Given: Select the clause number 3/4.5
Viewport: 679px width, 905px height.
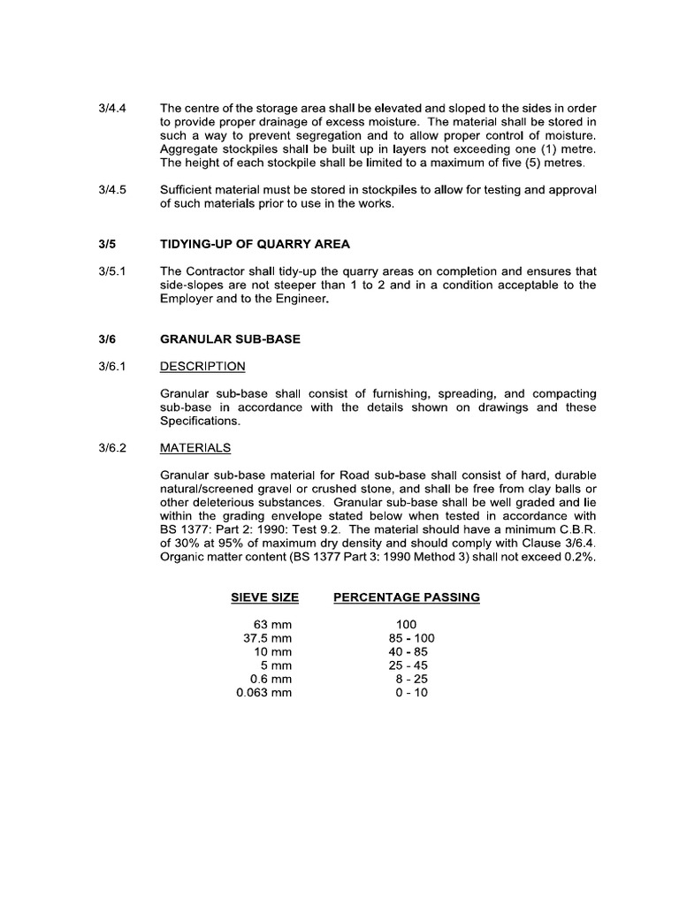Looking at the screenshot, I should [113, 190].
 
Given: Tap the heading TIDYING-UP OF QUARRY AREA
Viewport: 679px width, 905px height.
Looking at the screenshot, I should [244, 244].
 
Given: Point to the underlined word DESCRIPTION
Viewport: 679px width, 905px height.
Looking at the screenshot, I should [202, 367].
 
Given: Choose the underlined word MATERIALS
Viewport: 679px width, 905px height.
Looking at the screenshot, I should [195, 447].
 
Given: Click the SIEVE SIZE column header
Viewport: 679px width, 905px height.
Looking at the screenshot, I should [264, 597].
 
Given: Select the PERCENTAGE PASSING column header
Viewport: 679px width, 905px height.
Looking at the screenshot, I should [407, 597].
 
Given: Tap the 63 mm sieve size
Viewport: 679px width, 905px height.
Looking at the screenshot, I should [272, 624].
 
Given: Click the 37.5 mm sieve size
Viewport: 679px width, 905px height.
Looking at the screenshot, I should [267, 638].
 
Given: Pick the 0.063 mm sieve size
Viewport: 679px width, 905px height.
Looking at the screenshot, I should [263, 693].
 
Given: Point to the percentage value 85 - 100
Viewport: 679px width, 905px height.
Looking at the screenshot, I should [407, 638].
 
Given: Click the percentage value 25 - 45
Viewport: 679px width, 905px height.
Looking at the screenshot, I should [407, 665].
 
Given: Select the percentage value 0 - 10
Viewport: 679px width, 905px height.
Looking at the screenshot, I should [407, 693].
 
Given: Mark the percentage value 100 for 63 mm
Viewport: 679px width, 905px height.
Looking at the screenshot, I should [407, 624].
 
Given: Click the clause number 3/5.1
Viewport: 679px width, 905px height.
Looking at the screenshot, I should [113, 271].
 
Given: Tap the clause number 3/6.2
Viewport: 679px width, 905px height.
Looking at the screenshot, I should [113, 447].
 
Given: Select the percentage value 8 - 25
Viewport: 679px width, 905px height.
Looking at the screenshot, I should [408, 679].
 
